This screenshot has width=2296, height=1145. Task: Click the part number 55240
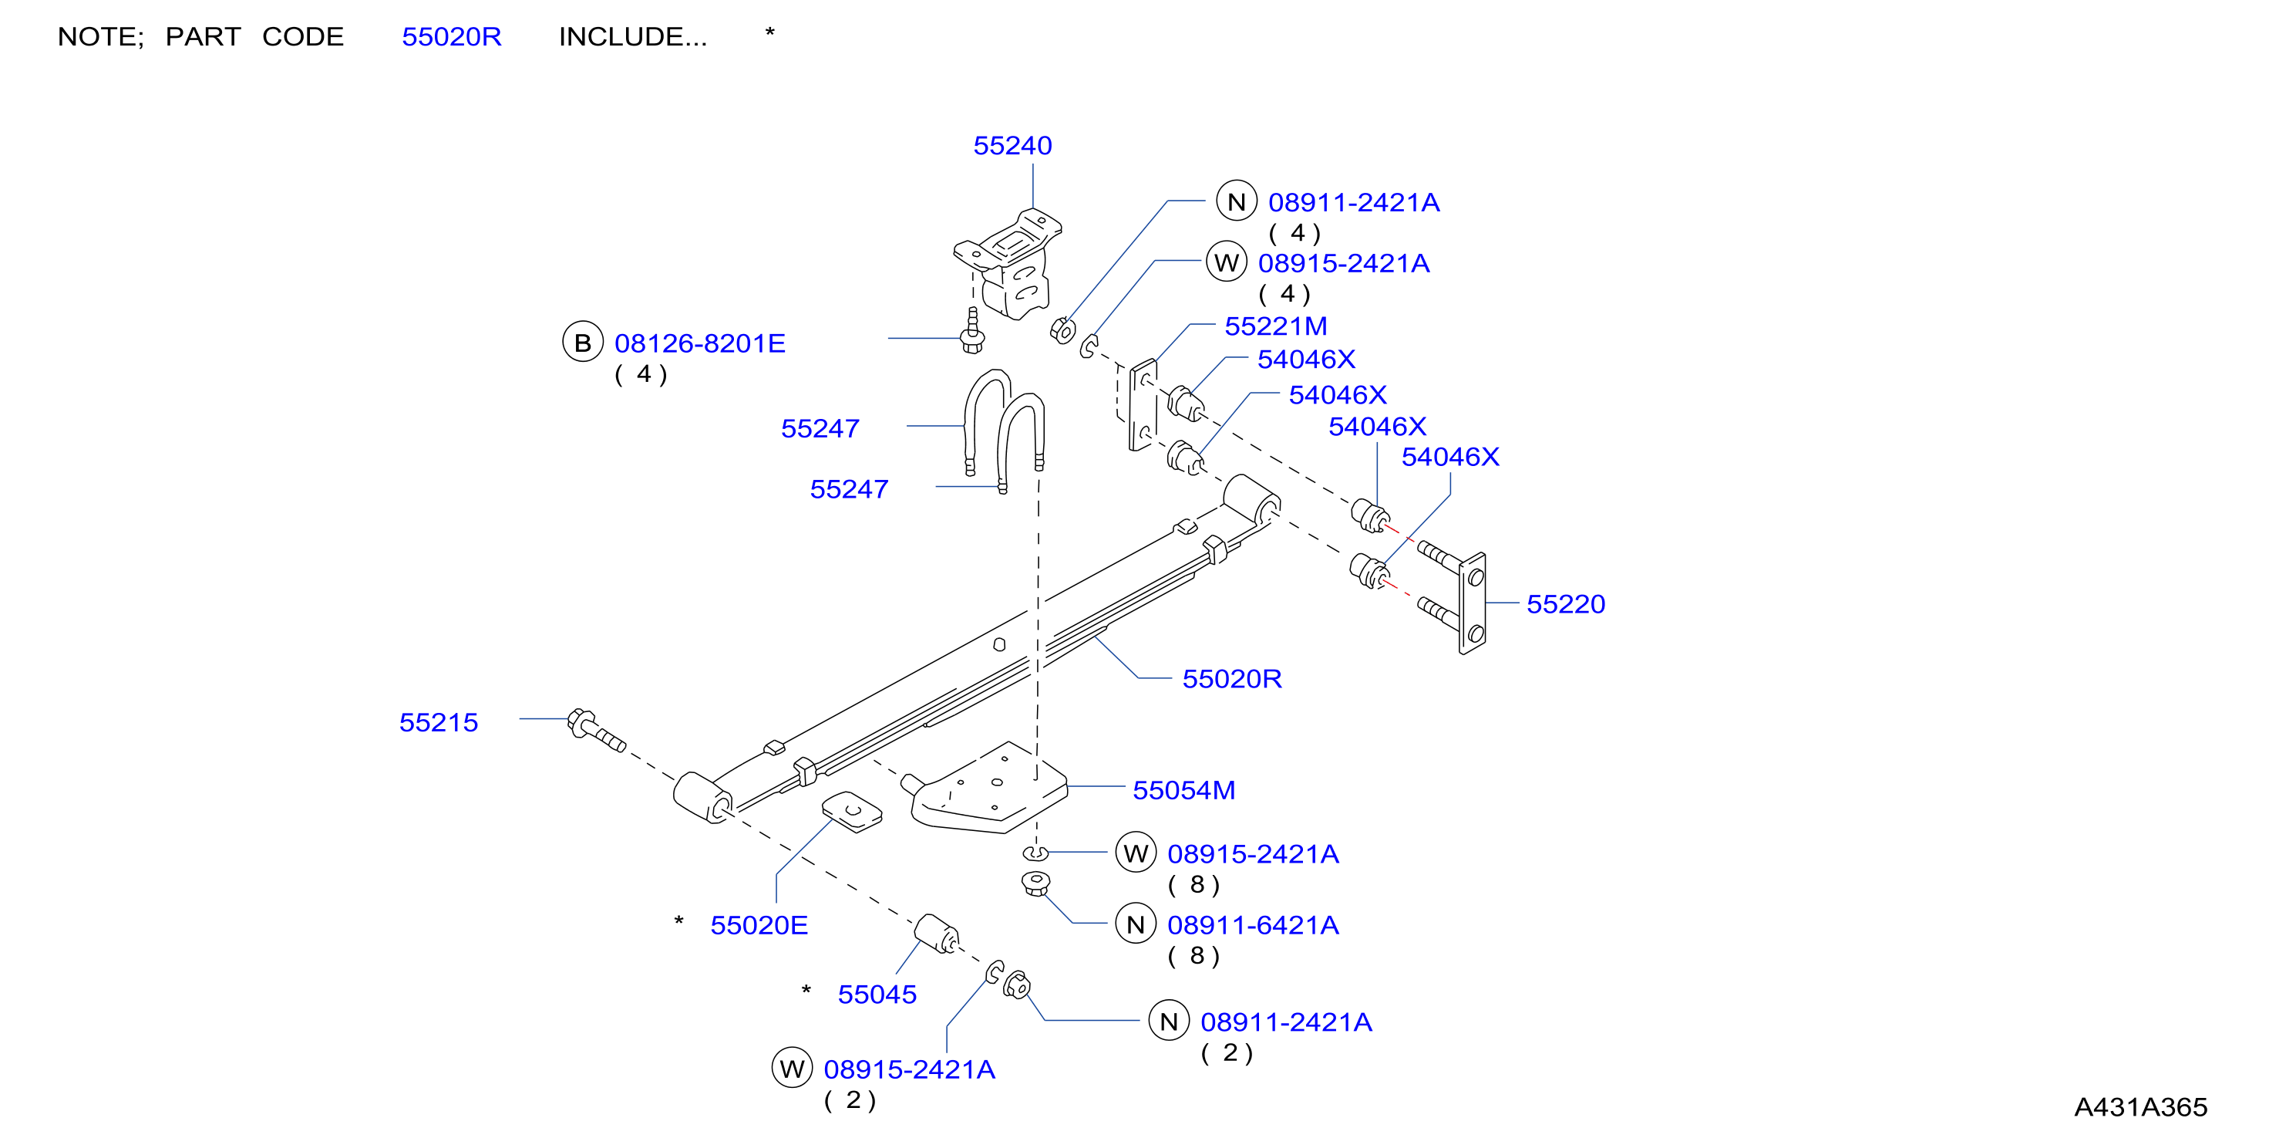click(x=1012, y=145)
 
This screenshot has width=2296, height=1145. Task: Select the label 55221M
click(x=1275, y=326)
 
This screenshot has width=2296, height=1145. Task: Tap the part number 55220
click(x=1566, y=603)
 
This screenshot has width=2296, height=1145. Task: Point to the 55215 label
click(x=439, y=722)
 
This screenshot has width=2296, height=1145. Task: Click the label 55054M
click(x=1183, y=790)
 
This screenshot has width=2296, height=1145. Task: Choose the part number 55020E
click(x=759, y=925)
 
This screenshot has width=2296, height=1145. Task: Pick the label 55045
click(x=877, y=995)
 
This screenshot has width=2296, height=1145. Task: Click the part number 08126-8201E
click(x=700, y=343)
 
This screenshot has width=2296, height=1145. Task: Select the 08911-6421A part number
click(x=1253, y=925)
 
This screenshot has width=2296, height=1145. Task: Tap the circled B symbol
click(x=583, y=343)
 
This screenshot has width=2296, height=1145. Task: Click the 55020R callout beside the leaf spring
click(x=1232, y=679)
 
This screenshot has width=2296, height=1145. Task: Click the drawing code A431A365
click(x=2141, y=1106)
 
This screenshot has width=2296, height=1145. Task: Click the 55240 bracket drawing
click(x=1008, y=264)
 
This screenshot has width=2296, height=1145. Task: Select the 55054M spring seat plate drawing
click(x=988, y=789)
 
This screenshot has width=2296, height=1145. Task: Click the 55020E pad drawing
click(x=852, y=812)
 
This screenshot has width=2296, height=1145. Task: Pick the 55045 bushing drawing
click(x=936, y=934)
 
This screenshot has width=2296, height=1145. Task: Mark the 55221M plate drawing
click(x=1143, y=406)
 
